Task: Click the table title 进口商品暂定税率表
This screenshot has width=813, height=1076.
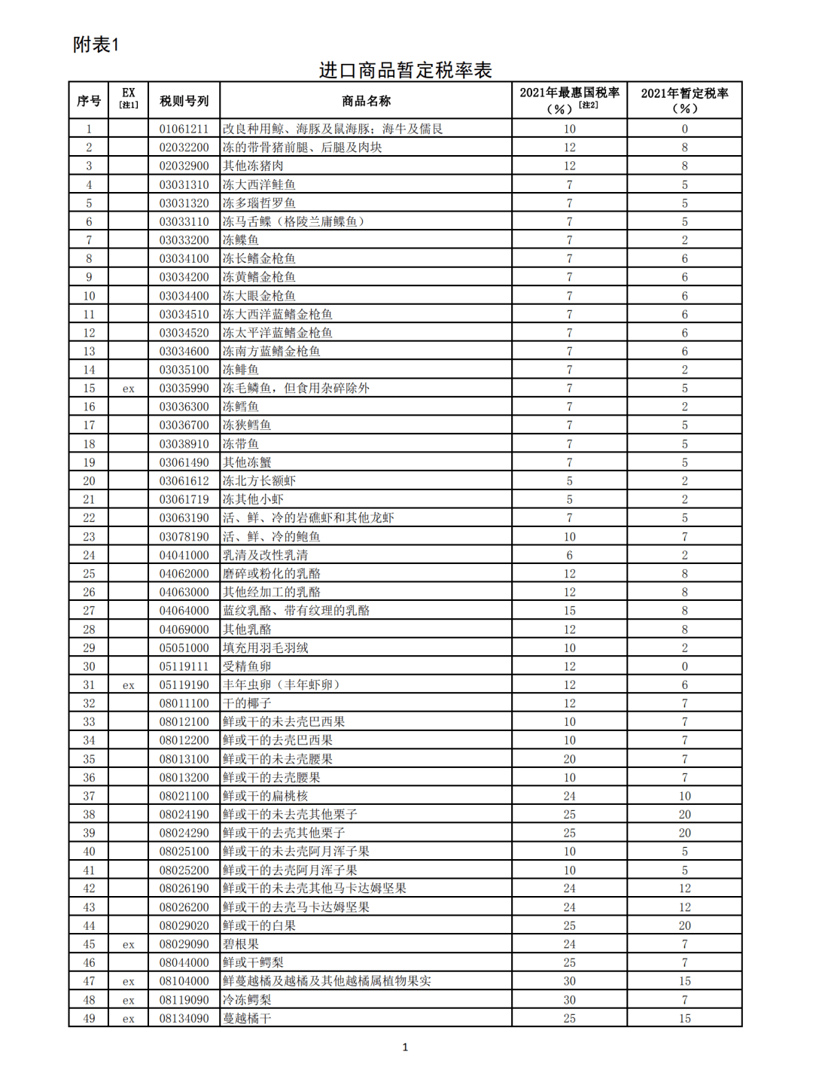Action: click(x=405, y=70)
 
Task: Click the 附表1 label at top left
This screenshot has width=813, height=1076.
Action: click(x=96, y=44)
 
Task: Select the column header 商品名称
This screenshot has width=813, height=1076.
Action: click(x=366, y=101)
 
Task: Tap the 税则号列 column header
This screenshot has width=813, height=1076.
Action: click(x=184, y=101)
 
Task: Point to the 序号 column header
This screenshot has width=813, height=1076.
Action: click(x=89, y=101)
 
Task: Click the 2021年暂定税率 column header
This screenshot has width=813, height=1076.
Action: click(x=684, y=100)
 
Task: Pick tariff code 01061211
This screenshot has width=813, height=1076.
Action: click(x=184, y=129)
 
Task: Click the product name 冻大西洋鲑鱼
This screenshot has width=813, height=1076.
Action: click(x=259, y=184)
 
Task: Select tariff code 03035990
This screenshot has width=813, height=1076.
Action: click(x=184, y=389)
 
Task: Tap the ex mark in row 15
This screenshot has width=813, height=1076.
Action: click(x=129, y=389)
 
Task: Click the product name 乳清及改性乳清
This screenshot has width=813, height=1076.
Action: click(x=265, y=555)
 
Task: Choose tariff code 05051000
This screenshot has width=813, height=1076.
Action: click(x=184, y=648)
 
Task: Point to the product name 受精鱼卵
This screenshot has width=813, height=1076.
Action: click(x=247, y=666)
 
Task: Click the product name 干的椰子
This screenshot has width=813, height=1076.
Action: click(x=247, y=703)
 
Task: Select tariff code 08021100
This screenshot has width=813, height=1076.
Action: click(x=184, y=796)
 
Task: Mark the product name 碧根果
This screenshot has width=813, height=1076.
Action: click(x=241, y=944)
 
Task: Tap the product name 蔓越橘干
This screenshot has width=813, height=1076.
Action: click(x=247, y=1018)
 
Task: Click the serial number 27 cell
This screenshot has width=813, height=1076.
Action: click(x=89, y=611)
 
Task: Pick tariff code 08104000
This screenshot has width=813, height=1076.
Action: click(x=184, y=981)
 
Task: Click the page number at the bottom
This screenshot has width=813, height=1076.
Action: click(x=405, y=1047)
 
